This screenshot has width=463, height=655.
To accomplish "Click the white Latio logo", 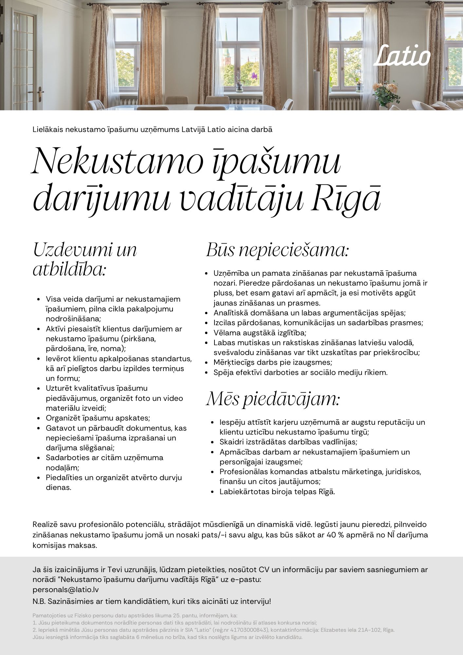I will coord(402,56).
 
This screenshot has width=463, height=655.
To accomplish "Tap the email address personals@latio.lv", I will coord(65,590).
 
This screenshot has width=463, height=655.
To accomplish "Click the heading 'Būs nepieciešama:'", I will coord(277,251).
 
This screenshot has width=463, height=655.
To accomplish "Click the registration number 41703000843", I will coord(246,630).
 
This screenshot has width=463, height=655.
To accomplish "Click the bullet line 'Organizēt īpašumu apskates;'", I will coord(98,418).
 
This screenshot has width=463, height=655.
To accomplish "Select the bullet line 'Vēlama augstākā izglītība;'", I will coord(260,333).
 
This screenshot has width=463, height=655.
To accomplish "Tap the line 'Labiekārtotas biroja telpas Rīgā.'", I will coord(277,492).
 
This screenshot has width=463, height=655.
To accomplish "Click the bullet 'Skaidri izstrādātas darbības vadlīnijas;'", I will coord(288,442).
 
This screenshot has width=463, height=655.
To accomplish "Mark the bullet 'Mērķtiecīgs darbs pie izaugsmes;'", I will coord(273,362).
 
